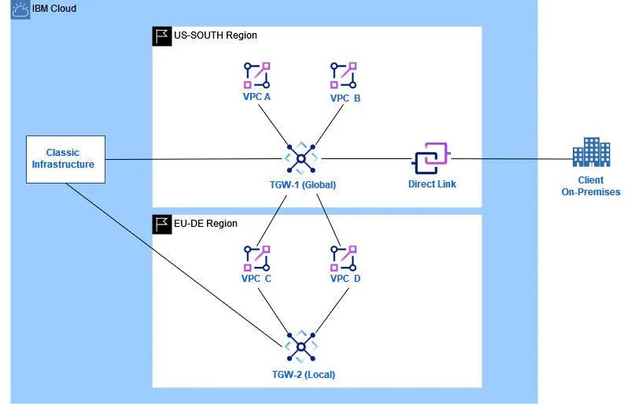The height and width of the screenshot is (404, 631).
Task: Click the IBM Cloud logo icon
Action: pyautogui.click(x=19, y=10)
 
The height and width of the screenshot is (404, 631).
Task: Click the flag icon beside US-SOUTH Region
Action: pyautogui.click(x=161, y=35)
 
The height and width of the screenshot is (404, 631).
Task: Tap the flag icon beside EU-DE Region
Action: pyautogui.click(x=161, y=224)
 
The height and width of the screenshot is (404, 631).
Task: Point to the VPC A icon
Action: pyautogui.click(x=256, y=75)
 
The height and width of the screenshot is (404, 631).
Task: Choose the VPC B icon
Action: pyautogui.click(x=345, y=75)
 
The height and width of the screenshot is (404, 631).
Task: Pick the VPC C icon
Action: pyautogui.click(x=256, y=258)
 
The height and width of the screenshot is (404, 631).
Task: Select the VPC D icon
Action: pyautogui.click(x=345, y=258)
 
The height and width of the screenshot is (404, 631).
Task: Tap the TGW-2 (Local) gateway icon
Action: pyautogui.click(x=301, y=347)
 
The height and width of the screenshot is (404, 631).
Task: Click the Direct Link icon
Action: pyautogui.click(x=430, y=159)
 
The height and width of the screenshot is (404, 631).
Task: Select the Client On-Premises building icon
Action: pyautogui.click(x=591, y=152)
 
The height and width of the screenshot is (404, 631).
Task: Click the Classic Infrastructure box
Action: pyautogui.click(x=65, y=158)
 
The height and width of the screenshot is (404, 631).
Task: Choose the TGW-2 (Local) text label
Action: pyautogui.click(x=299, y=374)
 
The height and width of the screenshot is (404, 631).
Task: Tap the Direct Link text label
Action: pyautogui.click(x=432, y=184)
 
